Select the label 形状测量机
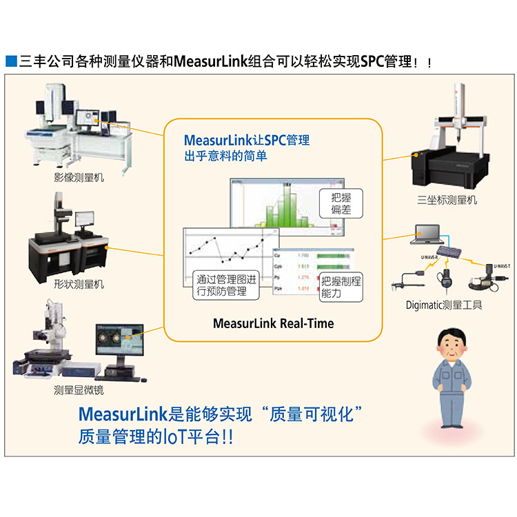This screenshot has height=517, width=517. (79, 283)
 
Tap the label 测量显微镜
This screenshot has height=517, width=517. (79, 390)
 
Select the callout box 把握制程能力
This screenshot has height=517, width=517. (341, 286)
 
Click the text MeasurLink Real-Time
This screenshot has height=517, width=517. (273, 323)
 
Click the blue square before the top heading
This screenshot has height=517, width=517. (10, 61)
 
